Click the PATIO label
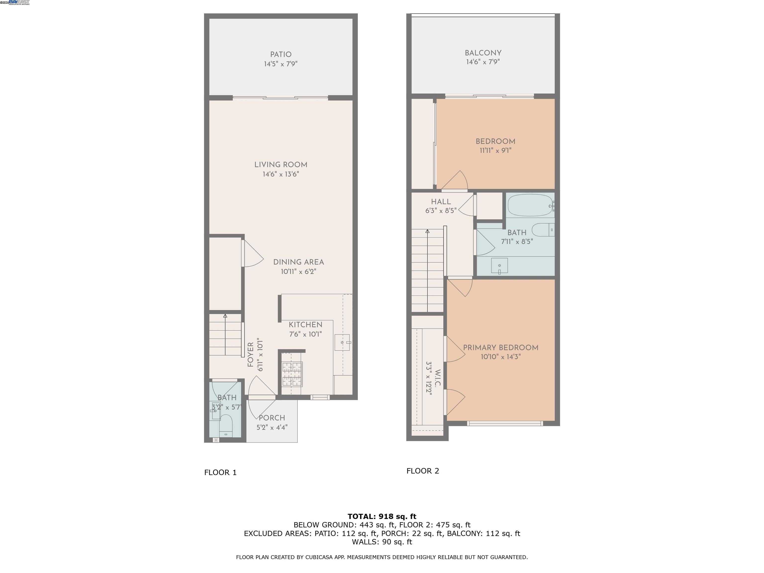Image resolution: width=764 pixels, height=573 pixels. pos(281,54)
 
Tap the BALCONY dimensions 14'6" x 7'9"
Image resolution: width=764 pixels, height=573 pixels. pos(483,62)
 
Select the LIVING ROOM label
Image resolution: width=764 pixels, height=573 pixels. pos(281,165)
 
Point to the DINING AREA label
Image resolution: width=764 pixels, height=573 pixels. pos(298,262)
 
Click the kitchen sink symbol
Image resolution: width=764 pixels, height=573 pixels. pos(342,342)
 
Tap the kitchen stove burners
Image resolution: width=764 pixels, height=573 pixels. pos(292,374)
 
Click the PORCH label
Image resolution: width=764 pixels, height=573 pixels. pos(272,418)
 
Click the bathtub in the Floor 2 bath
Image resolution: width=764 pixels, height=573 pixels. pos(530,205)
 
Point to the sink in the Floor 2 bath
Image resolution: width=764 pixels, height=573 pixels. pos(499,265)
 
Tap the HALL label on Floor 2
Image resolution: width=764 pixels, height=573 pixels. pos(441,202)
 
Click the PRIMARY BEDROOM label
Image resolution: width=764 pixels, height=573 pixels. pos(500,348)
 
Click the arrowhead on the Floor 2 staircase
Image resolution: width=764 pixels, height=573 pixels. pos(428,231)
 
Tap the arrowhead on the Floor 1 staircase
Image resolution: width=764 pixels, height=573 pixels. pos(225,316)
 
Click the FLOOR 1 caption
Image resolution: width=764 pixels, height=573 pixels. pos(220,473)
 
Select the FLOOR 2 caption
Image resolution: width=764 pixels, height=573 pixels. pos(422,471)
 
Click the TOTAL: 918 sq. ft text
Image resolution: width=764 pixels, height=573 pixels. pos(382,516)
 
